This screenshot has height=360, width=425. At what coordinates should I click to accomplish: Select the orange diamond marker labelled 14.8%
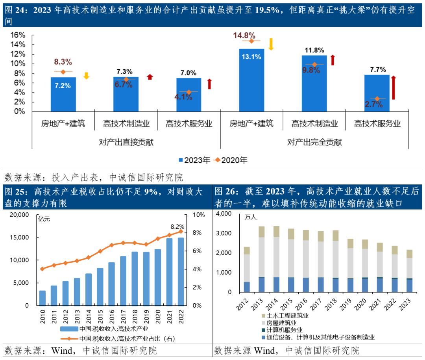251,41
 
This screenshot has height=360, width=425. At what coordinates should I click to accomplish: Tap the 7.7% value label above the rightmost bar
377,70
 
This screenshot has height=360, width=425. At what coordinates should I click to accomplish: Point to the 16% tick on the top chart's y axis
17,35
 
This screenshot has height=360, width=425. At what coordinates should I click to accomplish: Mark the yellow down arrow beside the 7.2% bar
86,76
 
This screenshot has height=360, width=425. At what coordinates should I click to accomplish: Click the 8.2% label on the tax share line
177,226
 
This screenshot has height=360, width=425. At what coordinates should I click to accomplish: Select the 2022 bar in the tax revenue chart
181,271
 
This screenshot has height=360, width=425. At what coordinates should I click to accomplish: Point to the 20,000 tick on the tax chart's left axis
18,215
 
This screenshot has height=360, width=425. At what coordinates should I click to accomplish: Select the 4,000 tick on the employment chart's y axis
224,214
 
